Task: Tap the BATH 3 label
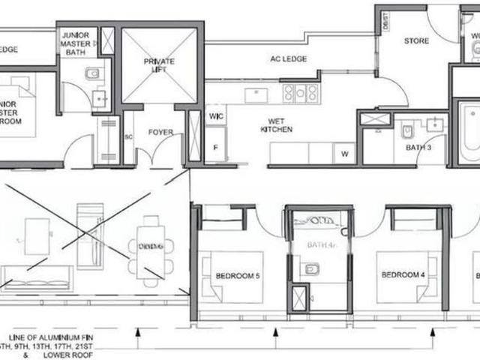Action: pyautogui.click(x=417, y=148)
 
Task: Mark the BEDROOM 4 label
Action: pyautogui.click(x=403, y=274)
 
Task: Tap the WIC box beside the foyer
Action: pyautogui.click(x=217, y=116)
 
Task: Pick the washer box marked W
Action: pyautogui.click(x=344, y=154)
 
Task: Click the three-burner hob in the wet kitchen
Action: pyautogui.click(x=300, y=93)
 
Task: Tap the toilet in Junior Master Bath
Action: pyautogui.click(x=94, y=73)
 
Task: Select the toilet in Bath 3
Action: pyautogui.click(x=407, y=131)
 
